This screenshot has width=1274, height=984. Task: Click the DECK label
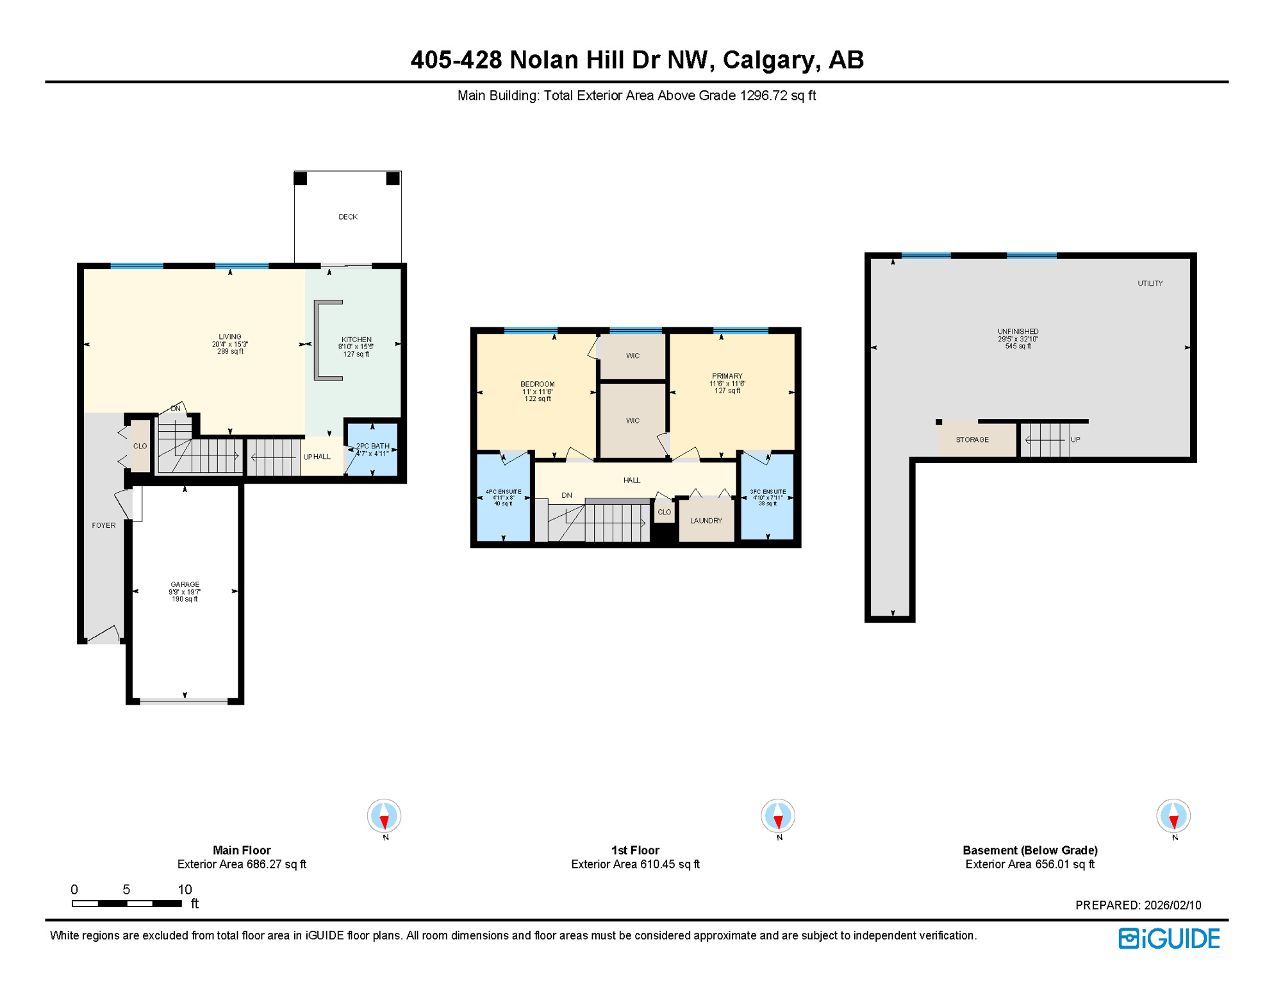click(x=347, y=217)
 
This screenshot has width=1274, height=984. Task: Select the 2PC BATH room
click(x=372, y=450)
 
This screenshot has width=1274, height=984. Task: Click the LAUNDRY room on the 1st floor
click(x=706, y=520)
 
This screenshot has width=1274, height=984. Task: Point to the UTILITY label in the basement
click(x=1150, y=283)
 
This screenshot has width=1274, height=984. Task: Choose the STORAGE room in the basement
click(x=972, y=439)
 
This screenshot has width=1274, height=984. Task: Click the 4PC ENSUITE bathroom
click(x=503, y=497)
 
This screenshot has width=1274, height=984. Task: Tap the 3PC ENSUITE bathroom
click(x=767, y=497)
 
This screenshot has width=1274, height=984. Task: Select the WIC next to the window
click(x=633, y=356)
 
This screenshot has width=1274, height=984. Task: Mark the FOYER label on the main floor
click(x=104, y=525)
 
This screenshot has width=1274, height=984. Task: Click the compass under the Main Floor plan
click(x=384, y=816)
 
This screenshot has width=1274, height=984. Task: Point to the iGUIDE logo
click(x=1169, y=939)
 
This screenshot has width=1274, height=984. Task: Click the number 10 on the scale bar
click(x=185, y=889)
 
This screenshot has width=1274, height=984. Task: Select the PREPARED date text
click(x=1137, y=905)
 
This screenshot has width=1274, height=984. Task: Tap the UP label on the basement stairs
click(x=1075, y=439)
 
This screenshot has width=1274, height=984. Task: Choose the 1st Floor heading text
click(x=634, y=850)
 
